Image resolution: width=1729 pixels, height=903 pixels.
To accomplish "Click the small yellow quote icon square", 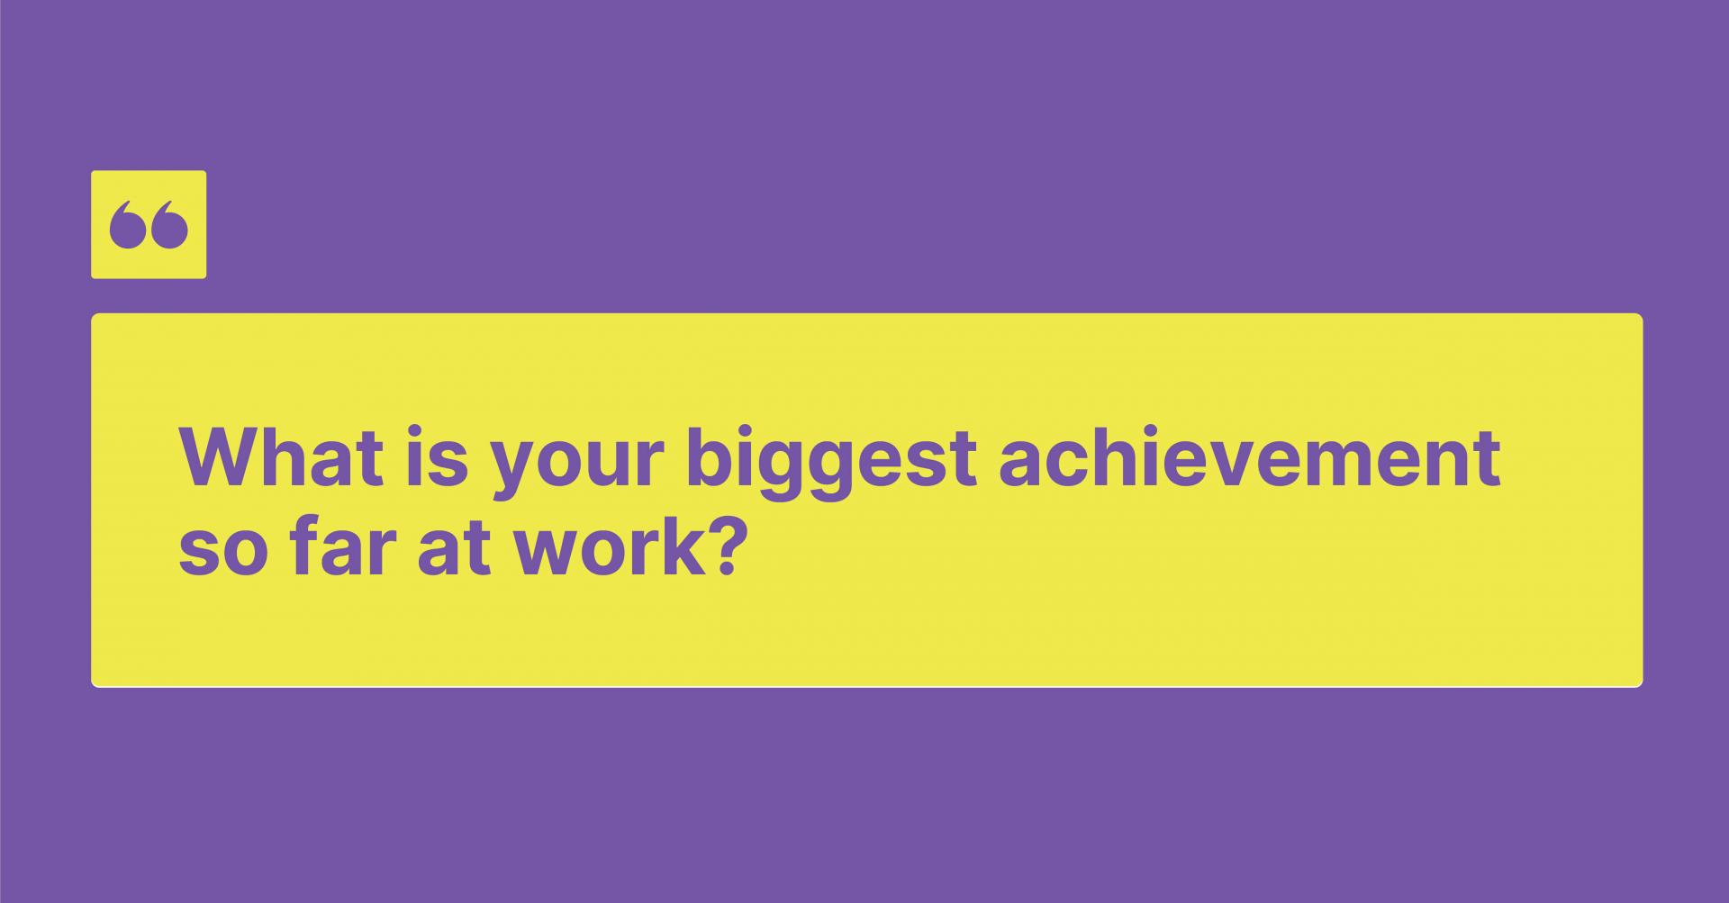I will (149, 224).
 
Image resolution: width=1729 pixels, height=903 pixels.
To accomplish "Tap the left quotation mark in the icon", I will (128, 225).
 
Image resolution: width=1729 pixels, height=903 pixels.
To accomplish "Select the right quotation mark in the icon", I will (169, 225).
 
